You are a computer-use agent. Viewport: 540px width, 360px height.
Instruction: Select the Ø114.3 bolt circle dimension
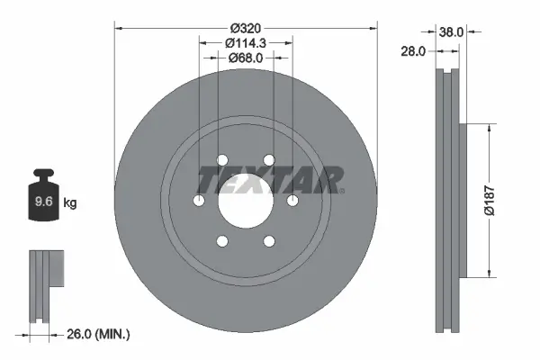pyautogui.click(x=244, y=41)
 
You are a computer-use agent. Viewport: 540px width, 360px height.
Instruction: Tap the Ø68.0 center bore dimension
pyautogui.click(x=244, y=58)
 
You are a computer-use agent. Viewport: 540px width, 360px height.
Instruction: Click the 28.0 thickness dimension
pyautogui.click(x=413, y=52)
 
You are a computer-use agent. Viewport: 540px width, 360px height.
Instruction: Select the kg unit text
pyautogui.click(x=70, y=202)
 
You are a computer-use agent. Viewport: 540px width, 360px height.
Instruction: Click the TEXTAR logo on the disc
pyautogui.click(x=270, y=180)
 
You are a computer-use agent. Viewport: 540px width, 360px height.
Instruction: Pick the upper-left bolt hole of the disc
pyautogui.click(x=220, y=161)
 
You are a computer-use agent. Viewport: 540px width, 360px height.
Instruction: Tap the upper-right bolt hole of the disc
pyautogui.click(x=267, y=161)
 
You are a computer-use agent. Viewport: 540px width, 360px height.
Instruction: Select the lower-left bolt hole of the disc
pyautogui.click(x=220, y=241)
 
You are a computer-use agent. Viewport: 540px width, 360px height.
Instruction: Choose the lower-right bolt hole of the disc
pyautogui.click(x=267, y=241)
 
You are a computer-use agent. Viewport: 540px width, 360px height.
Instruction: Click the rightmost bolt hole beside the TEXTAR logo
pyautogui.click(x=292, y=202)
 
